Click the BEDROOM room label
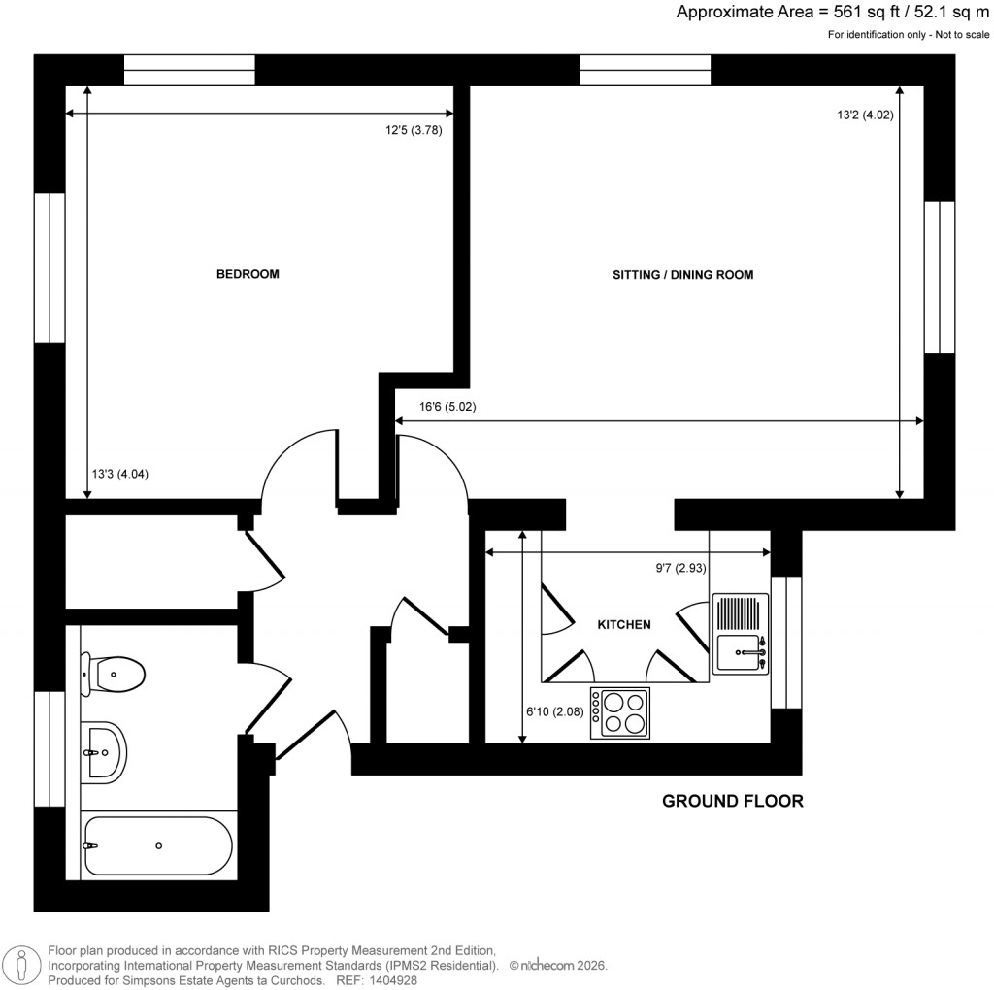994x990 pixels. (x=247, y=274)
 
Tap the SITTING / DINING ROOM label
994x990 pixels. (x=682, y=275)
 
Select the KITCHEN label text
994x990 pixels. (x=623, y=624)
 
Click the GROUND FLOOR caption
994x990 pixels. (x=732, y=801)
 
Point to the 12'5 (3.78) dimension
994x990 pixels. (x=414, y=131)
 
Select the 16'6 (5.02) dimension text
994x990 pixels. (x=447, y=407)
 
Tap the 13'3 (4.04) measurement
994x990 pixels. (x=119, y=475)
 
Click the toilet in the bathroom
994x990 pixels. (x=114, y=672)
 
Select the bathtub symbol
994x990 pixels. (x=157, y=845)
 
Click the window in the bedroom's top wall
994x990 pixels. (x=189, y=70)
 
